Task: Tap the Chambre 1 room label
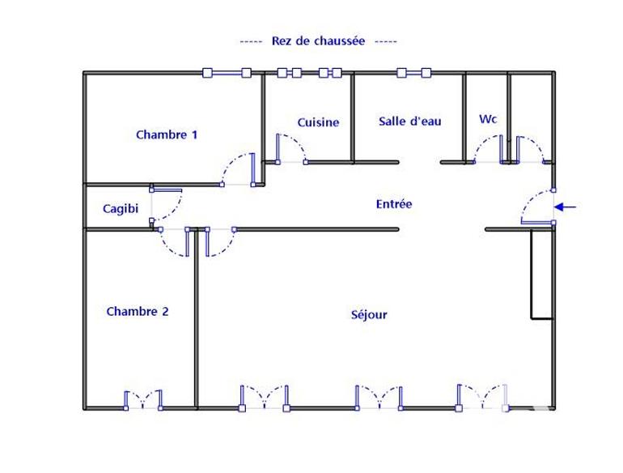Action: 167,134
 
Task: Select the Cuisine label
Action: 318,122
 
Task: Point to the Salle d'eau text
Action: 410,121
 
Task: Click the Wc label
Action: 488,119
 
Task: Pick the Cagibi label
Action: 121,208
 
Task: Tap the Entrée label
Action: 394,204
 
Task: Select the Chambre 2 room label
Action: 138,311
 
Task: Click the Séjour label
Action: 369,314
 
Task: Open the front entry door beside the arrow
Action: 536,207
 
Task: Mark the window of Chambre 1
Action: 227,73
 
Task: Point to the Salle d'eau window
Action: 413,73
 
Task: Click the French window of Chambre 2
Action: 143,401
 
